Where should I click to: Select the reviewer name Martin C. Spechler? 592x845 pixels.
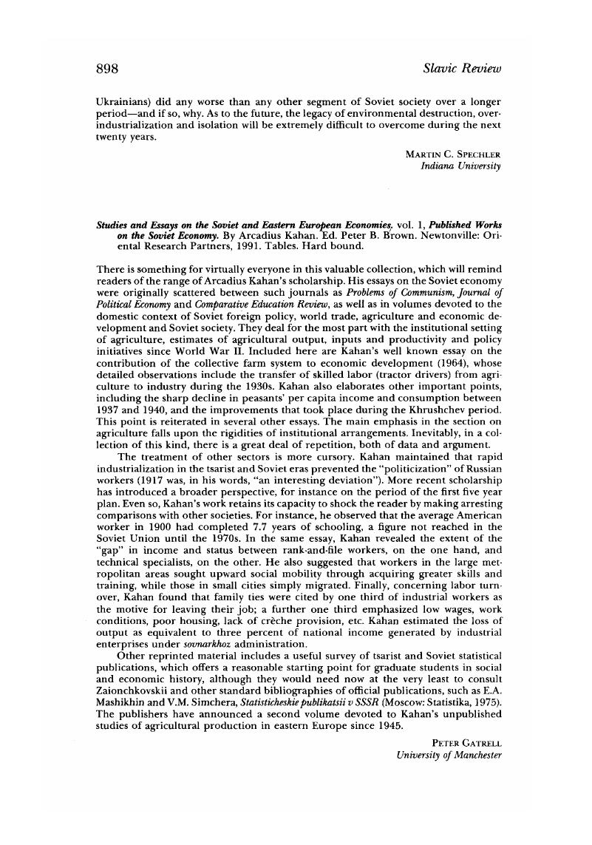(453, 154)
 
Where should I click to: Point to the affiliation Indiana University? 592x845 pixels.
(460, 166)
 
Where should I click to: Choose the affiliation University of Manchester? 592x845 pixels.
(449, 756)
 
